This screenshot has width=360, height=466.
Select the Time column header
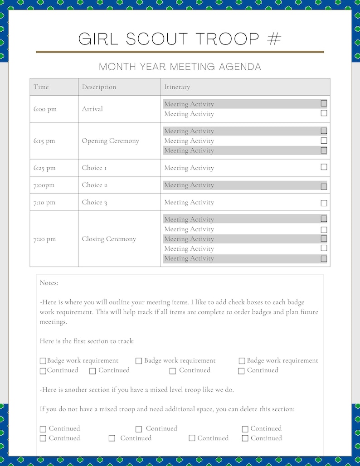click(x=41, y=87)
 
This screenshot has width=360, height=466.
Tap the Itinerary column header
click(x=177, y=87)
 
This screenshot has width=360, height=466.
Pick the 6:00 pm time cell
click(x=45, y=109)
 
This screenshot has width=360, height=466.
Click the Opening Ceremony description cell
click(x=110, y=141)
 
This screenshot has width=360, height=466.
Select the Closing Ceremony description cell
click(x=109, y=239)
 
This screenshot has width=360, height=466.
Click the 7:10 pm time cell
click(x=44, y=203)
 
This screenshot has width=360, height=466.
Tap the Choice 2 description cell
click(x=94, y=185)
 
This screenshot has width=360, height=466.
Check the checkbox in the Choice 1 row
click(x=324, y=167)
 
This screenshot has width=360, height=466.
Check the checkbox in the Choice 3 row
click(x=324, y=203)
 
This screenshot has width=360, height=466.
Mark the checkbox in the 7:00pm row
click(x=324, y=186)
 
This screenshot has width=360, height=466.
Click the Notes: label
click(x=49, y=283)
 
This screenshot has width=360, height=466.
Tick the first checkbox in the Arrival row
click(x=324, y=103)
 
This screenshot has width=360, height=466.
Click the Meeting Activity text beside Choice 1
click(x=189, y=168)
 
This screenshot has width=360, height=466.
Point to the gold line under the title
click(x=180, y=52)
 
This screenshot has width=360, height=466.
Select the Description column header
click(x=99, y=87)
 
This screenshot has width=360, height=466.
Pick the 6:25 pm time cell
click(x=44, y=168)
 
